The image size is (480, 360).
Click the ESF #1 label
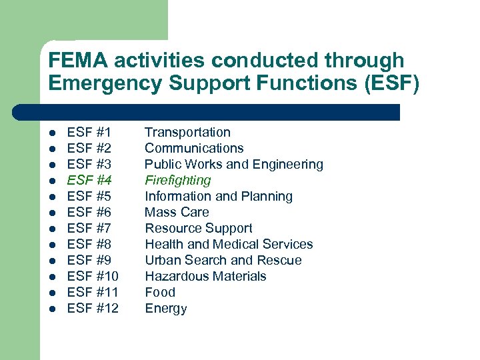pyautogui.click(x=89, y=133)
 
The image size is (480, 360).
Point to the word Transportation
pyautogui.click(x=187, y=133)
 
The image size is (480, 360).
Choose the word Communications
pyautogui.click(x=194, y=149)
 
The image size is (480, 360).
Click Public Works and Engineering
pyautogui.click(x=233, y=165)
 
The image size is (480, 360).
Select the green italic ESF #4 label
pyautogui.click(x=89, y=181)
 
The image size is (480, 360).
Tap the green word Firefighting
pyautogui.click(x=177, y=181)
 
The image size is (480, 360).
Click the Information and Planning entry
pyautogui.click(x=219, y=197)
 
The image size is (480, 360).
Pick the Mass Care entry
pyautogui.click(x=177, y=213)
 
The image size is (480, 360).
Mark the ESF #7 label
pyautogui.click(x=89, y=229)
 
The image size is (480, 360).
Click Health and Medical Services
pyautogui.click(x=229, y=245)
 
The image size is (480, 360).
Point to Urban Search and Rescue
pyautogui.click(x=223, y=261)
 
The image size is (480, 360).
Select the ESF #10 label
pyautogui.click(x=93, y=277)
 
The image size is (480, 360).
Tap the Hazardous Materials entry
pyautogui.click(x=205, y=277)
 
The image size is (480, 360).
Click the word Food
pyautogui.click(x=160, y=293)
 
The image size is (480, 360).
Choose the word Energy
pyautogui.click(x=165, y=309)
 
